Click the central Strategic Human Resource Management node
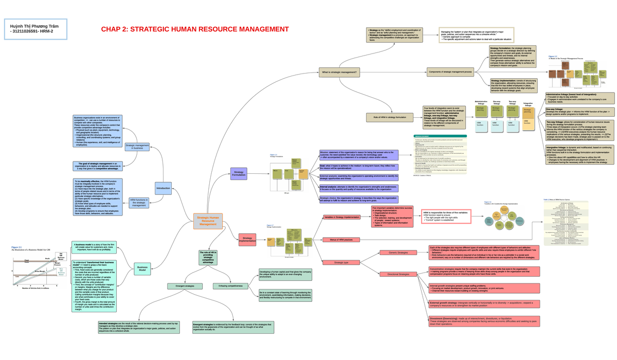pyautogui.click(x=208, y=221)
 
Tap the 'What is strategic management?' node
pyautogui.click(x=339, y=72)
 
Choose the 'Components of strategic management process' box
pyautogui.click(x=450, y=72)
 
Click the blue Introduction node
pyautogui.click(x=163, y=188)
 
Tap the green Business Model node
pyautogui.click(x=142, y=268)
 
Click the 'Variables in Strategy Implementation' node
pyautogui.click(x=342, y=218)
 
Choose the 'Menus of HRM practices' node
pyautogui.click(x=340, y=240)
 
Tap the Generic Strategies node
pyautogui.click(x=398, y=253)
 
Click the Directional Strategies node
pyautogui.click(x=398, y=274)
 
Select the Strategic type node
pyautogui.click(x=341, y=262)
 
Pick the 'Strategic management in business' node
pyautogui.click(x=137, y=148)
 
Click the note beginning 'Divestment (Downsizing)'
pyautogui.click(x=483, y=321)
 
